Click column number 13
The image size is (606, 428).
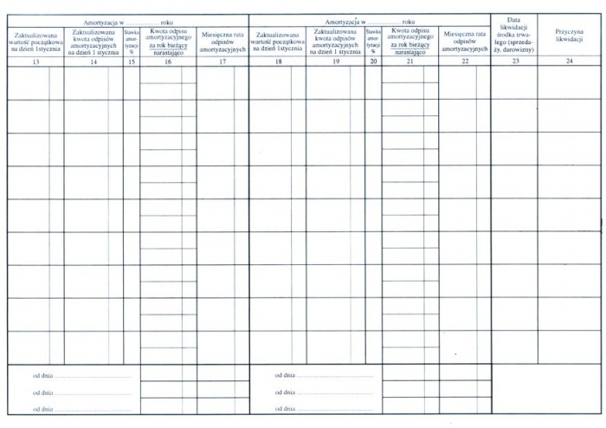[x=35, y=62]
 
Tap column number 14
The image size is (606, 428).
[x=93, y=62]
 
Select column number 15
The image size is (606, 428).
[x=132, y=62]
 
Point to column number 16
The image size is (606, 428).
[x=168, y=62]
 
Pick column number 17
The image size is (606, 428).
[x=222, y=62]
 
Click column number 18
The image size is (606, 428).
[x=277, y=62]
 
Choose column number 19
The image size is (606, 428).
[x=335, y=62]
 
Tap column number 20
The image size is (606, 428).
[x=373, y=62]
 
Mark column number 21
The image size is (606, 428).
[x=409, y=62]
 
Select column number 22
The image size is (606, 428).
[x=465, y=62]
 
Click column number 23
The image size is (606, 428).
[x=514, y=62]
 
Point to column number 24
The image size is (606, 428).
[x=569, y=62]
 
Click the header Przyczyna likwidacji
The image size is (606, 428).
[x=569, y=36]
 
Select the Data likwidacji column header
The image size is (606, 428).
[x=514, y=36]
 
